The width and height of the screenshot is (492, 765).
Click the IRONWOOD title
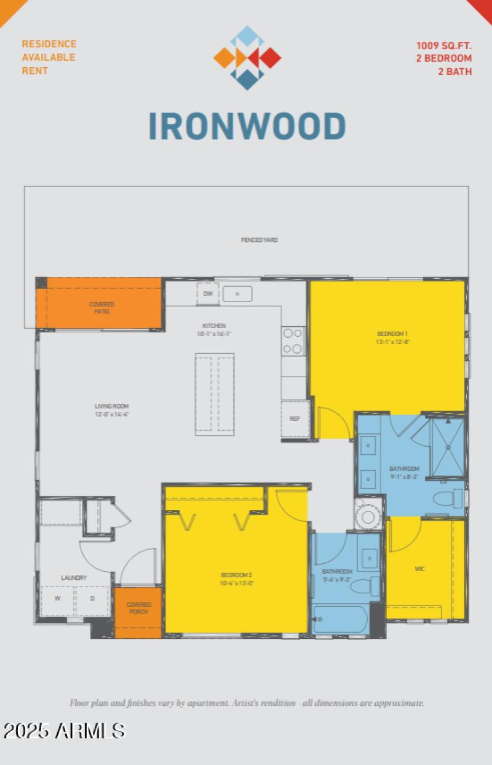(247, 126)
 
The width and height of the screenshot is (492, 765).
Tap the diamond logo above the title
(247, 58)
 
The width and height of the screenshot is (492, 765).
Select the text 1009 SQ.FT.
(443, 45)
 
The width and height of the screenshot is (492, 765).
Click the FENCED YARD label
(259, 240)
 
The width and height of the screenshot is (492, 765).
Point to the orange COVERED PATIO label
(101, 308)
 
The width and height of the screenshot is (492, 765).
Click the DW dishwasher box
(208, 294)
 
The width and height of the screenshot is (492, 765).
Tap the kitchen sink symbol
(237, 294)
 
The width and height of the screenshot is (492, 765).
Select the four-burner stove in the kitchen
(293, 341)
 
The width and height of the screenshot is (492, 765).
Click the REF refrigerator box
(295, 419)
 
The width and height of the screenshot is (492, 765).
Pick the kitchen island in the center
(215, 395)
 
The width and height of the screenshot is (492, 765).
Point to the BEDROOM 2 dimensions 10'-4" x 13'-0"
(237, 582)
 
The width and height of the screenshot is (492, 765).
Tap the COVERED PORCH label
(138, 608)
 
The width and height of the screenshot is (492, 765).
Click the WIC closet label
(419, 569)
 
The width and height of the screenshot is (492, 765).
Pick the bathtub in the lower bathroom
(340, 619)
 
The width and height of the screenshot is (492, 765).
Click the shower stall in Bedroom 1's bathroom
(447, 446)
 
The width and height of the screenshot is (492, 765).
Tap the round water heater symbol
(368, 516)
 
